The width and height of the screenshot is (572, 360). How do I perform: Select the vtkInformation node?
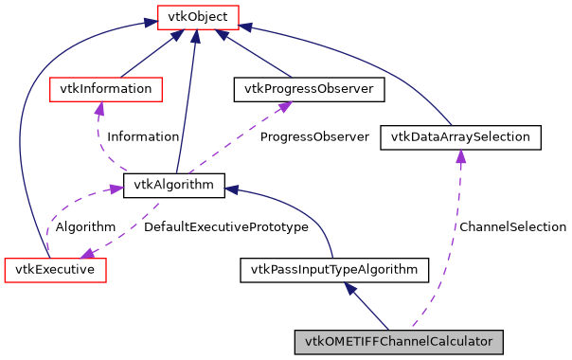click(x=105, y=89)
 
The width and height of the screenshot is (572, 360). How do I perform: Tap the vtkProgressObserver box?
click(x=309, y=89)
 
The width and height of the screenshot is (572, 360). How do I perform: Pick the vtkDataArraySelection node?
click(x=460, y=137)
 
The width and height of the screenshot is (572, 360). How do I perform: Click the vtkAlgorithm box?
click(x=174, y=186)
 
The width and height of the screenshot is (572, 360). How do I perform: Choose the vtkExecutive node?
click(x=55, y=269)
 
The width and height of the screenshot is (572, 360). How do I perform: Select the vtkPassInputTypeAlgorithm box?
click(x=334, y=270)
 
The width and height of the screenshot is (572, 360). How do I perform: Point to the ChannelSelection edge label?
click(x=511, y=227)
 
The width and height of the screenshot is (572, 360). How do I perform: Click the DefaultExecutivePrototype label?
click(x=225, y=227)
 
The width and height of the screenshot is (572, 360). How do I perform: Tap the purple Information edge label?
click(x=142, y=136)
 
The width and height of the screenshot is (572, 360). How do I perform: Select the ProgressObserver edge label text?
click(x=314, y=136)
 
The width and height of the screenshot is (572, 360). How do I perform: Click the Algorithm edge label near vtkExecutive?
click(x=85, y=227)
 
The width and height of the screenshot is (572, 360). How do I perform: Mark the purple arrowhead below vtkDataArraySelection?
click(x=460, y=156)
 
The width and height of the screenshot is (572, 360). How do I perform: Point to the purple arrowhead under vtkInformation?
click(x=98, y=108)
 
